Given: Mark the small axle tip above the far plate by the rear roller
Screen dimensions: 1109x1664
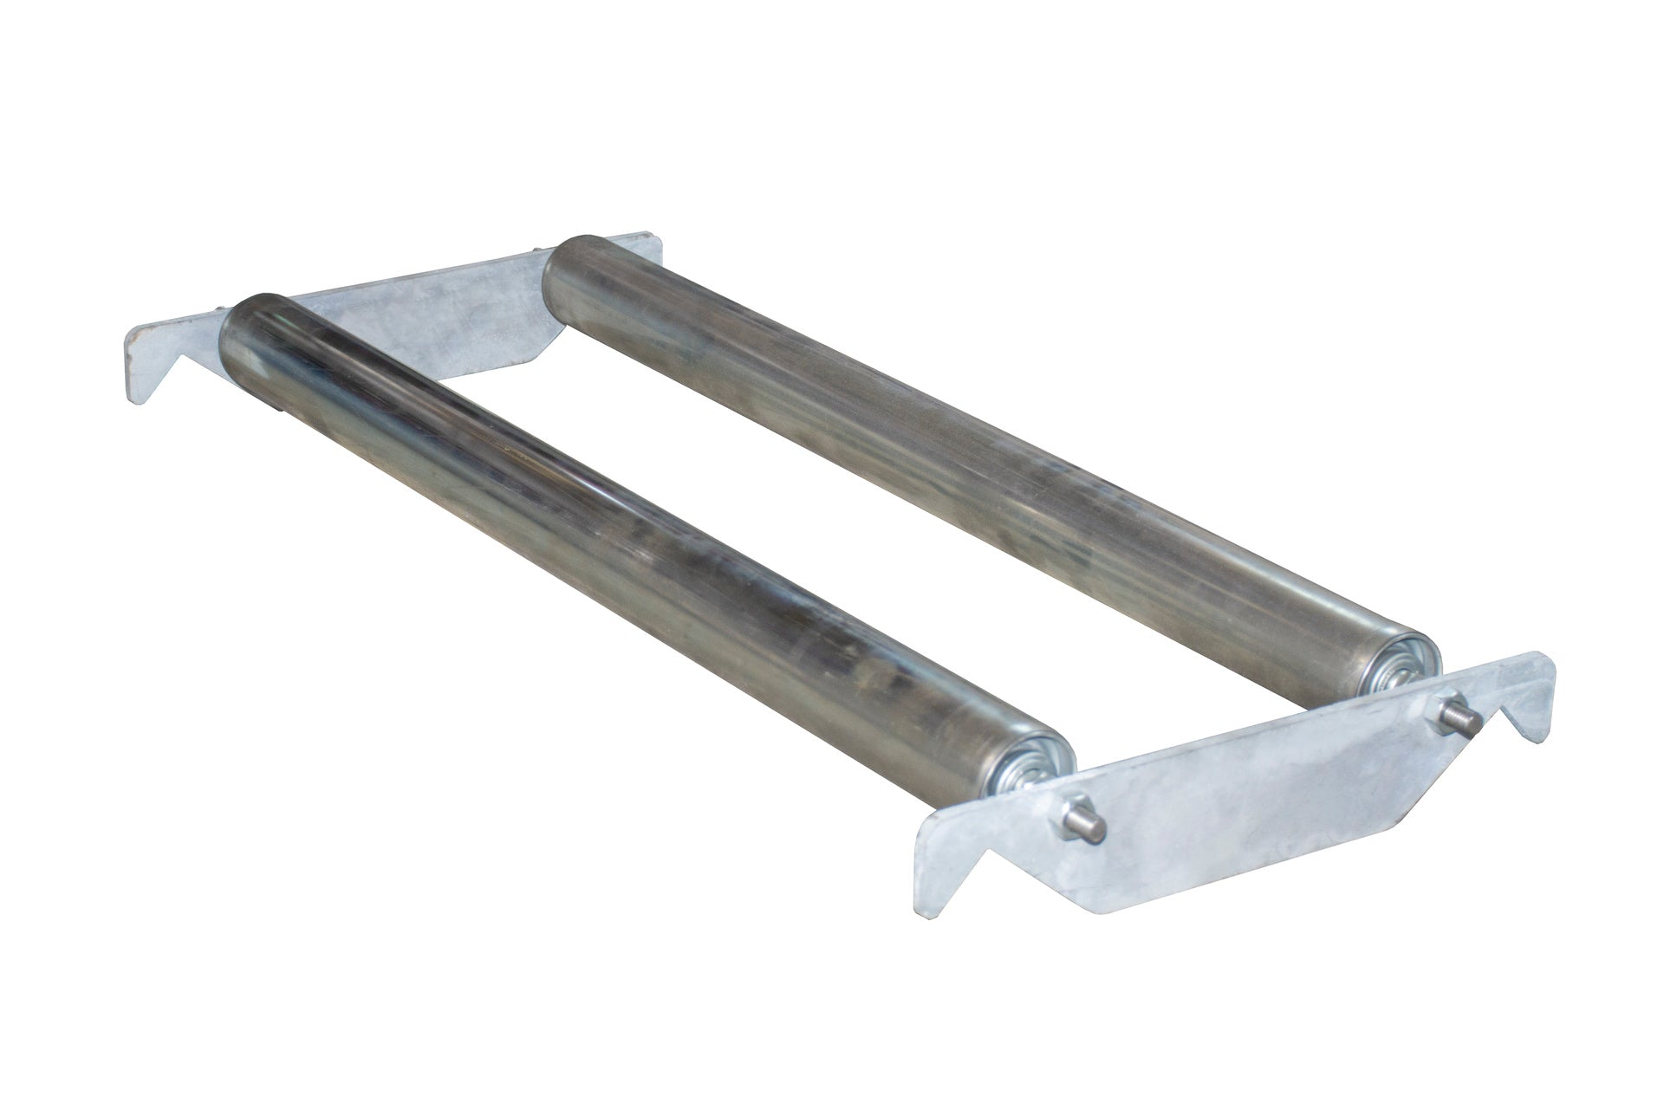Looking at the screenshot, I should [540, 253].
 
